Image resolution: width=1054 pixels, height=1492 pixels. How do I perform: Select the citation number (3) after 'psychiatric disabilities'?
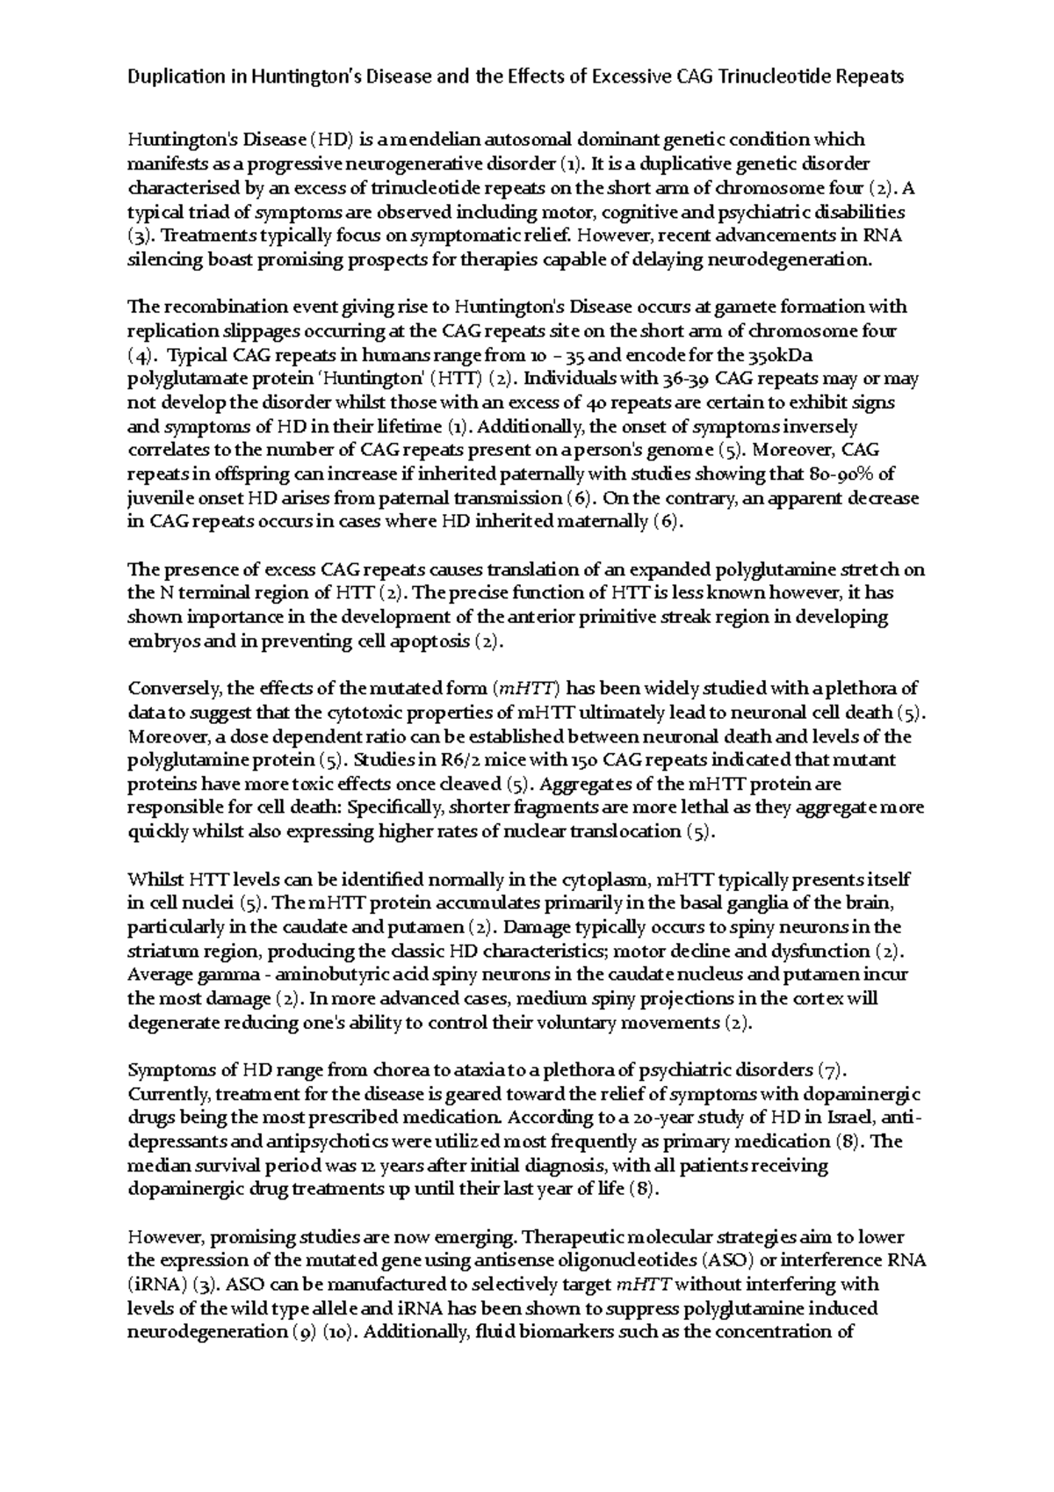coord(140,235)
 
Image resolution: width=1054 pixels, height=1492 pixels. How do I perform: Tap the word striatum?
coord(158,952)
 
